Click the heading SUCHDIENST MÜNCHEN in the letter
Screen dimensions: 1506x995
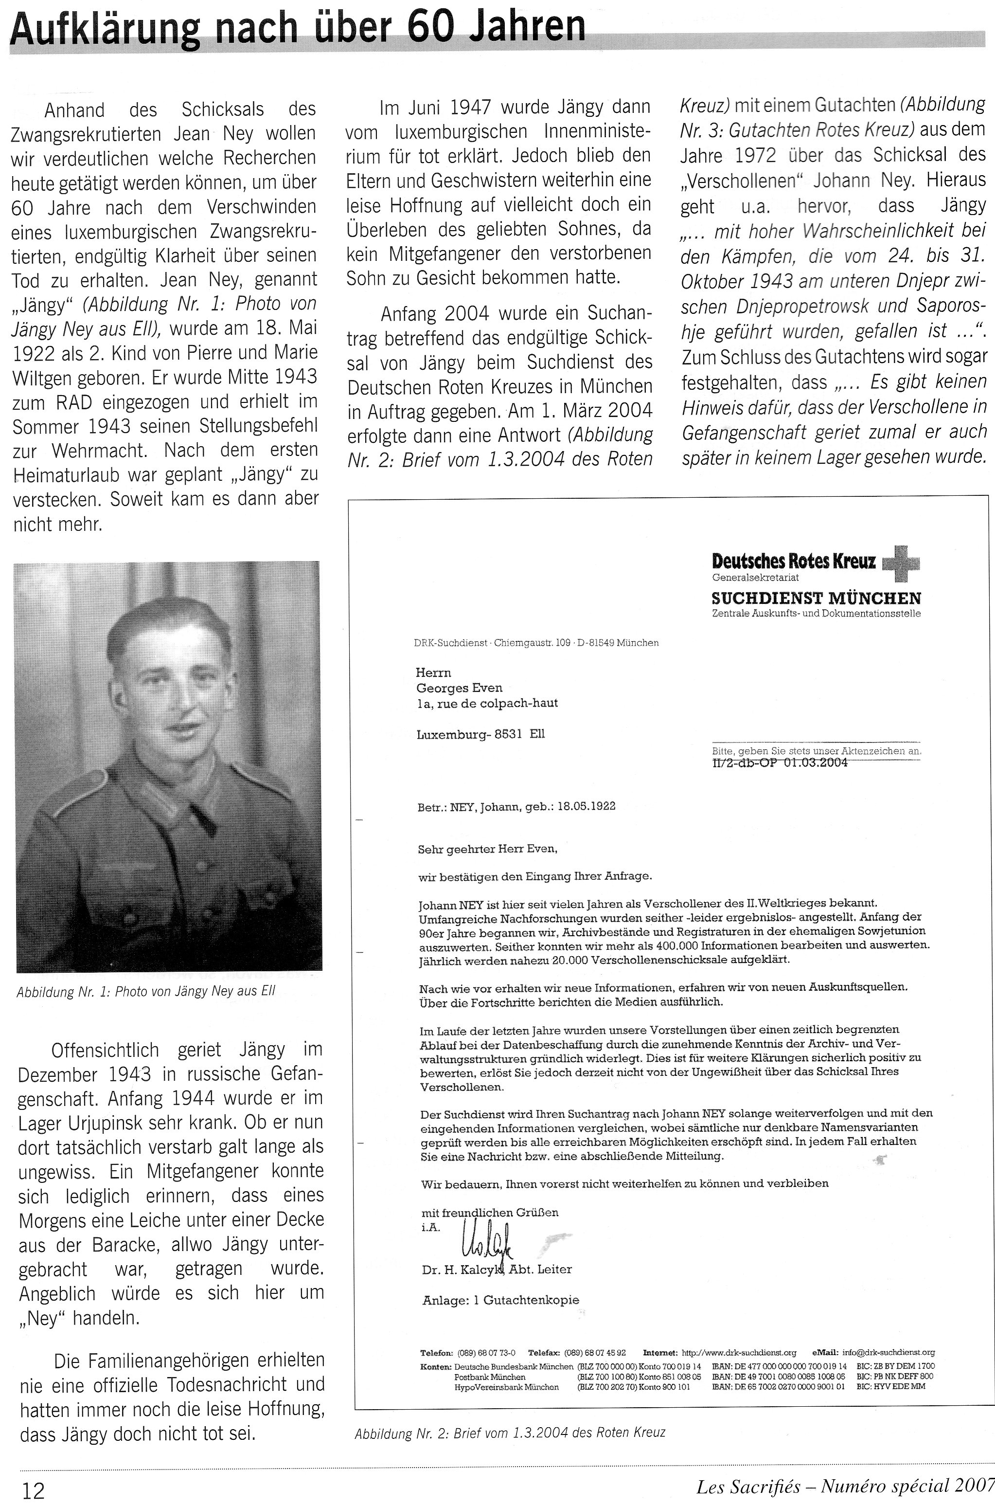click(816, 598)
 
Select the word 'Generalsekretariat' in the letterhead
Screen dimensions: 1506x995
click(755, 578)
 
